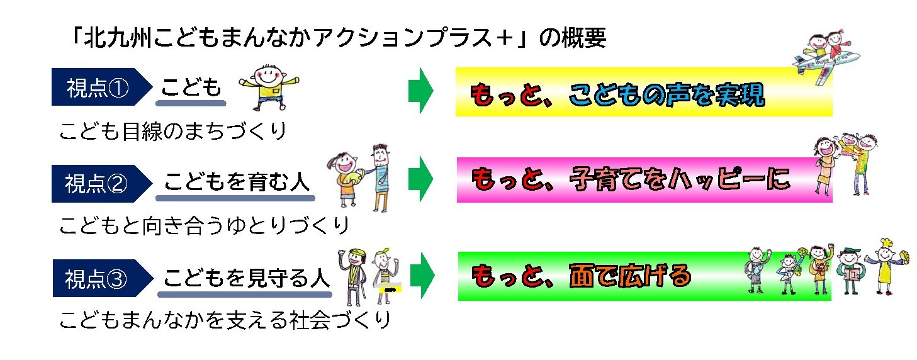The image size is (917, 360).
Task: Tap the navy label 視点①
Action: point(97,89)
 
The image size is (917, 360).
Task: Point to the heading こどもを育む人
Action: point(236,183)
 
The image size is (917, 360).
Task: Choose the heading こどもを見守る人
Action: point(246,278)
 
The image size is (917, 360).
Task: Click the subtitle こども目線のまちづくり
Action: point(172,132)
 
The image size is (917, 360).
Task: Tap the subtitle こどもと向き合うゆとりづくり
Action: point(204,225)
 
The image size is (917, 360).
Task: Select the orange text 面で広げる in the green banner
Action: point(629,276)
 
